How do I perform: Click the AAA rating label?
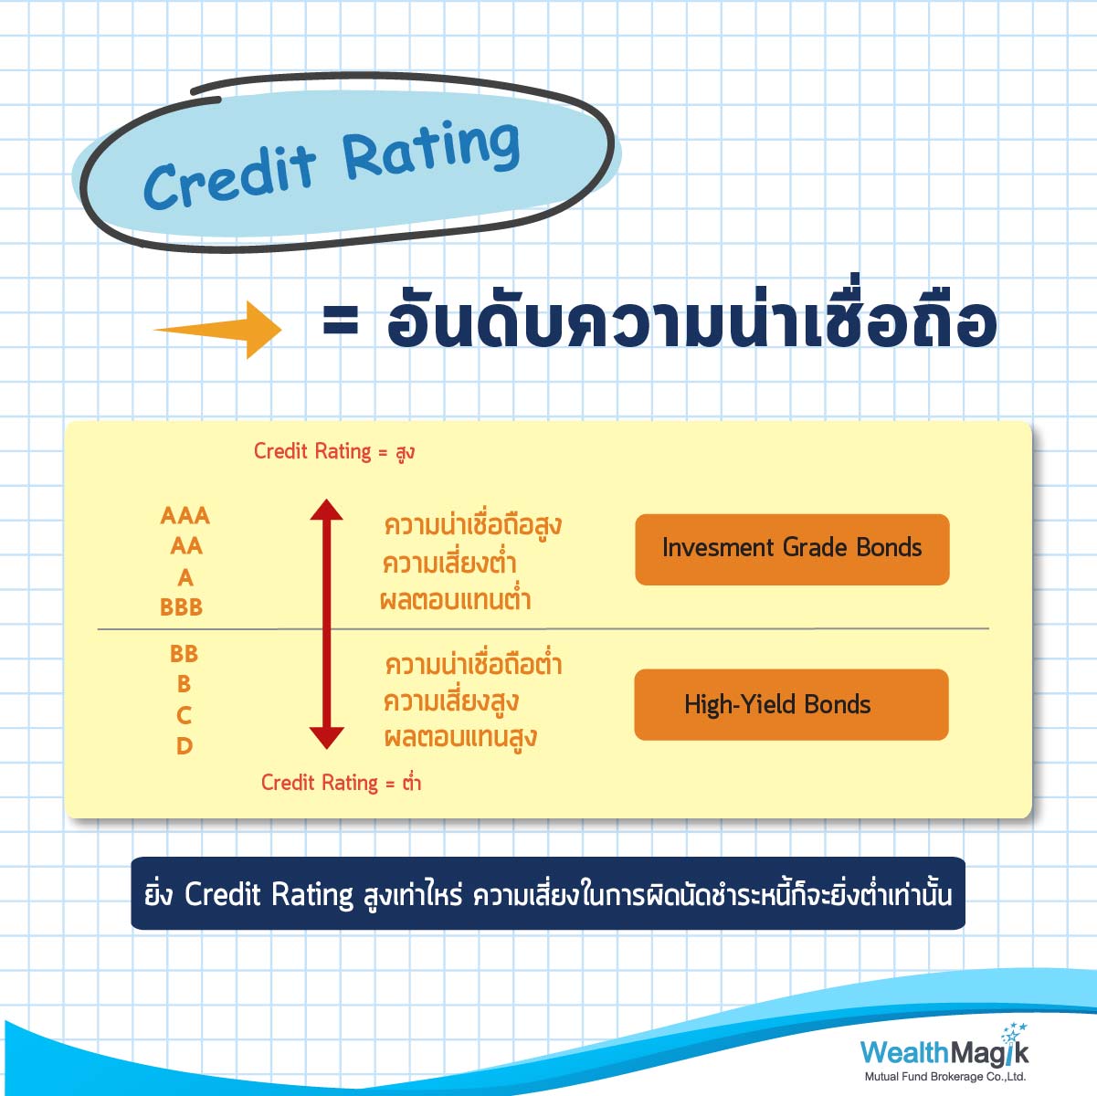click(185, 516)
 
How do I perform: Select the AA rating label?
click(186, 546)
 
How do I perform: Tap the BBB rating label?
click(182, 607)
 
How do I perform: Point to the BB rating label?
click(184, 654)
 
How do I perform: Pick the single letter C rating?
click(184, 716)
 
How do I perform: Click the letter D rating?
click(185, 746)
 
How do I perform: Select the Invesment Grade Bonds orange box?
click(792, 550)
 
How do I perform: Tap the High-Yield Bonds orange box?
click(791, 705)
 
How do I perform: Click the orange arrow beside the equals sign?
click(218, 330)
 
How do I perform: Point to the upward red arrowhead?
click(326, 510)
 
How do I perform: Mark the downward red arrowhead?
click(326, 739)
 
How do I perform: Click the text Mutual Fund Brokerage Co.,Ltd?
click(945, 1076)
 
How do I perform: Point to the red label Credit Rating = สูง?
click(334, 452)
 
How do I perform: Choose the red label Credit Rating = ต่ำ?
click(341, 783)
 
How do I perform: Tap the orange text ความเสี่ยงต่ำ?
click(449, 563)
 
